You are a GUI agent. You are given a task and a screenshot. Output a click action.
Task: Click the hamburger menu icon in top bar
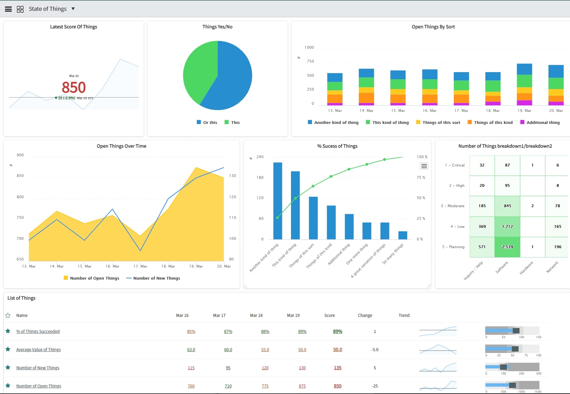8,9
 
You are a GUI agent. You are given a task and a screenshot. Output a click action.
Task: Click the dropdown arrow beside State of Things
73,9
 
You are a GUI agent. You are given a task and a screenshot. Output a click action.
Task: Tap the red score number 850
74,87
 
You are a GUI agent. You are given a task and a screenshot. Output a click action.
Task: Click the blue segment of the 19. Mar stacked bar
524,69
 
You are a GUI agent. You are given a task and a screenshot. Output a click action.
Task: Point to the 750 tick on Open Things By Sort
310,61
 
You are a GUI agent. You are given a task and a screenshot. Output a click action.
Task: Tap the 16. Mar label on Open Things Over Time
112,266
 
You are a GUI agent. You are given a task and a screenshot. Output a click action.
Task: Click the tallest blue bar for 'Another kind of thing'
277,200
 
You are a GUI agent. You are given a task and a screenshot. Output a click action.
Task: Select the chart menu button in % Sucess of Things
424,166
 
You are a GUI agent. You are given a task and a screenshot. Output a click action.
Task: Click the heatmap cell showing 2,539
507,247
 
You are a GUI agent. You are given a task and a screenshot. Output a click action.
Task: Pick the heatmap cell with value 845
507,206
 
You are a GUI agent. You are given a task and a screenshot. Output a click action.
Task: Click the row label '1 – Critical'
454,165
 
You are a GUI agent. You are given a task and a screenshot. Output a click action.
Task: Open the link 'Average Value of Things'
39,350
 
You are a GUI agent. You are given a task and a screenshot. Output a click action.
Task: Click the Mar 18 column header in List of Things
256,315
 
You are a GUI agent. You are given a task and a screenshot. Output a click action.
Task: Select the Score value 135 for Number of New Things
338,368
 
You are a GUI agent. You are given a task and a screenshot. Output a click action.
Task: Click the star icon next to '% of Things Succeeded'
8,331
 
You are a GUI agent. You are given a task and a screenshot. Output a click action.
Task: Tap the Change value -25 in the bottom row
375,386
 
